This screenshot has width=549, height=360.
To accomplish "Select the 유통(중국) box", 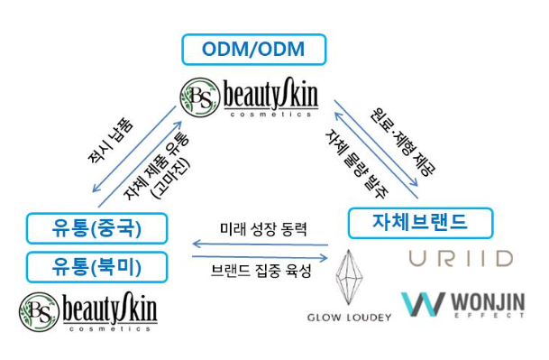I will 96,227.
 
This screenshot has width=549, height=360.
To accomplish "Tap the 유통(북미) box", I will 96,266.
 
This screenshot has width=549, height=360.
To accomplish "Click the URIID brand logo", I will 460,259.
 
